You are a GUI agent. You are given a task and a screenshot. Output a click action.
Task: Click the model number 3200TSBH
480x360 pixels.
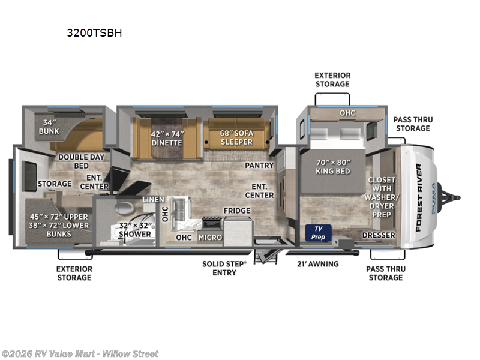click(94, 33)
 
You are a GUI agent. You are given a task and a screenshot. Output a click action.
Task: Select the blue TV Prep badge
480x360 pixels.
click(317, 233)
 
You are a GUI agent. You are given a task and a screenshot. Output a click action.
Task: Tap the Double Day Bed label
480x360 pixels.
click(82, 161)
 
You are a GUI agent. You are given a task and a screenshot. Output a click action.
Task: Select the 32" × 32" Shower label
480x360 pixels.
click(135, 229)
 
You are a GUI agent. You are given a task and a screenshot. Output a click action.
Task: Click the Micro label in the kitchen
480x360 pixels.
click(209, 238)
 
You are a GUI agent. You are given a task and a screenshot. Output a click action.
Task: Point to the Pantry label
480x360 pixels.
click(259, 165)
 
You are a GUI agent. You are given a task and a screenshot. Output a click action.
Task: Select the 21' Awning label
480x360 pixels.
click(318, 264)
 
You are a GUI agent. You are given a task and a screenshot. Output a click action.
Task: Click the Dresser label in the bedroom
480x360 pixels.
click(379, 235)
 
